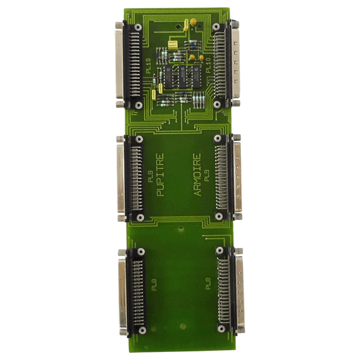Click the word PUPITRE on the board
click(161, 174)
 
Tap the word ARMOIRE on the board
click(198, 175)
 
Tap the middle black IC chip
click(182, 78)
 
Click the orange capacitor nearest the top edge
click(193, 23)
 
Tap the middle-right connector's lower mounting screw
click(217, 217)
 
